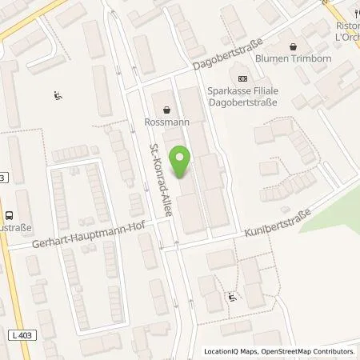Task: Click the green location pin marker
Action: point(182,162)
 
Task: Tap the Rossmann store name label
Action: point(166,122)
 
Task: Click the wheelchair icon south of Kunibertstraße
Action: point(232,297)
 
